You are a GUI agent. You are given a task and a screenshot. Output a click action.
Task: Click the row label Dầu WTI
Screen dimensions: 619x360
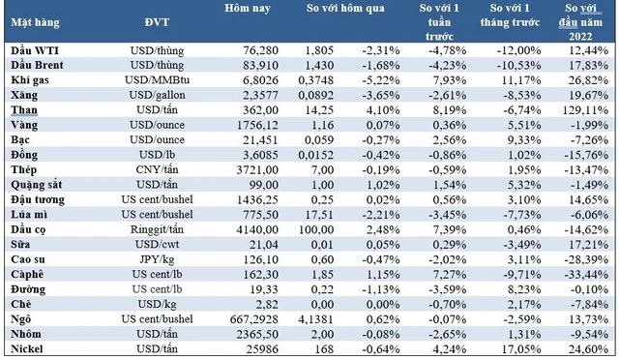point(35,50)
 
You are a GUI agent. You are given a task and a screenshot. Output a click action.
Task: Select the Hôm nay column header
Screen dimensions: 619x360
point(248,9)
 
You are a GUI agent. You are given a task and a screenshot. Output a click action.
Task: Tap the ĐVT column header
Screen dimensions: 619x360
point(157,22)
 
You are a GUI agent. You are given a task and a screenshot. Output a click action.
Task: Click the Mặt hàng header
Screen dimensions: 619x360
point(35,23)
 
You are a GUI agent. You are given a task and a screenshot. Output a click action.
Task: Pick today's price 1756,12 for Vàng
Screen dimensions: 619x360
point(257,125)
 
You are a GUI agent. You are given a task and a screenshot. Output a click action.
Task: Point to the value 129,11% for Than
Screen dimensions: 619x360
point(585,110)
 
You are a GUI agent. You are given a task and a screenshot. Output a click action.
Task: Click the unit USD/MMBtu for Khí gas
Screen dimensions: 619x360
point(157,80)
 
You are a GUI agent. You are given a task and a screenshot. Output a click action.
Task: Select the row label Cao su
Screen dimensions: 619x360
point(28,259)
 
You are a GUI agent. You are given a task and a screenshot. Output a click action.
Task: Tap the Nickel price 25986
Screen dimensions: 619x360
point(262,349)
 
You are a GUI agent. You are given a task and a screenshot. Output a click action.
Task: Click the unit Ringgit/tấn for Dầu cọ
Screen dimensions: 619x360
point(157,230)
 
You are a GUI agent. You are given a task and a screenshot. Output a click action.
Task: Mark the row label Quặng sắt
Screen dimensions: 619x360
point(37,186)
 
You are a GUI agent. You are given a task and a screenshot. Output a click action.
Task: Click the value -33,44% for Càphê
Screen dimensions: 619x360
point(586,275)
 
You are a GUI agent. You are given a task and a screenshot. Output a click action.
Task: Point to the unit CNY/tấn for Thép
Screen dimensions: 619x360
point(157,170)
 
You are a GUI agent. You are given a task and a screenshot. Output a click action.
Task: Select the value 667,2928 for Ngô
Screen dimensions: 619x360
point(254,319)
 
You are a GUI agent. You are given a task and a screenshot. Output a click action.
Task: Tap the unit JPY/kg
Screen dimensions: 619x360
point(157,260)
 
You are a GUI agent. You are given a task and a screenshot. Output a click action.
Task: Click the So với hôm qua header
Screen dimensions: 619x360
point(345,9)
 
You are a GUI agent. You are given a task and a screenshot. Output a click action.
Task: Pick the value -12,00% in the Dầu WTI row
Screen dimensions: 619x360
point(518,50)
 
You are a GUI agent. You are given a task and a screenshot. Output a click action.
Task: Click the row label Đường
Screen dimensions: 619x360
point(28,289)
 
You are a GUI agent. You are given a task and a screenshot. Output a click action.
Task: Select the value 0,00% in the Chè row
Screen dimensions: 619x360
point(383,305)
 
